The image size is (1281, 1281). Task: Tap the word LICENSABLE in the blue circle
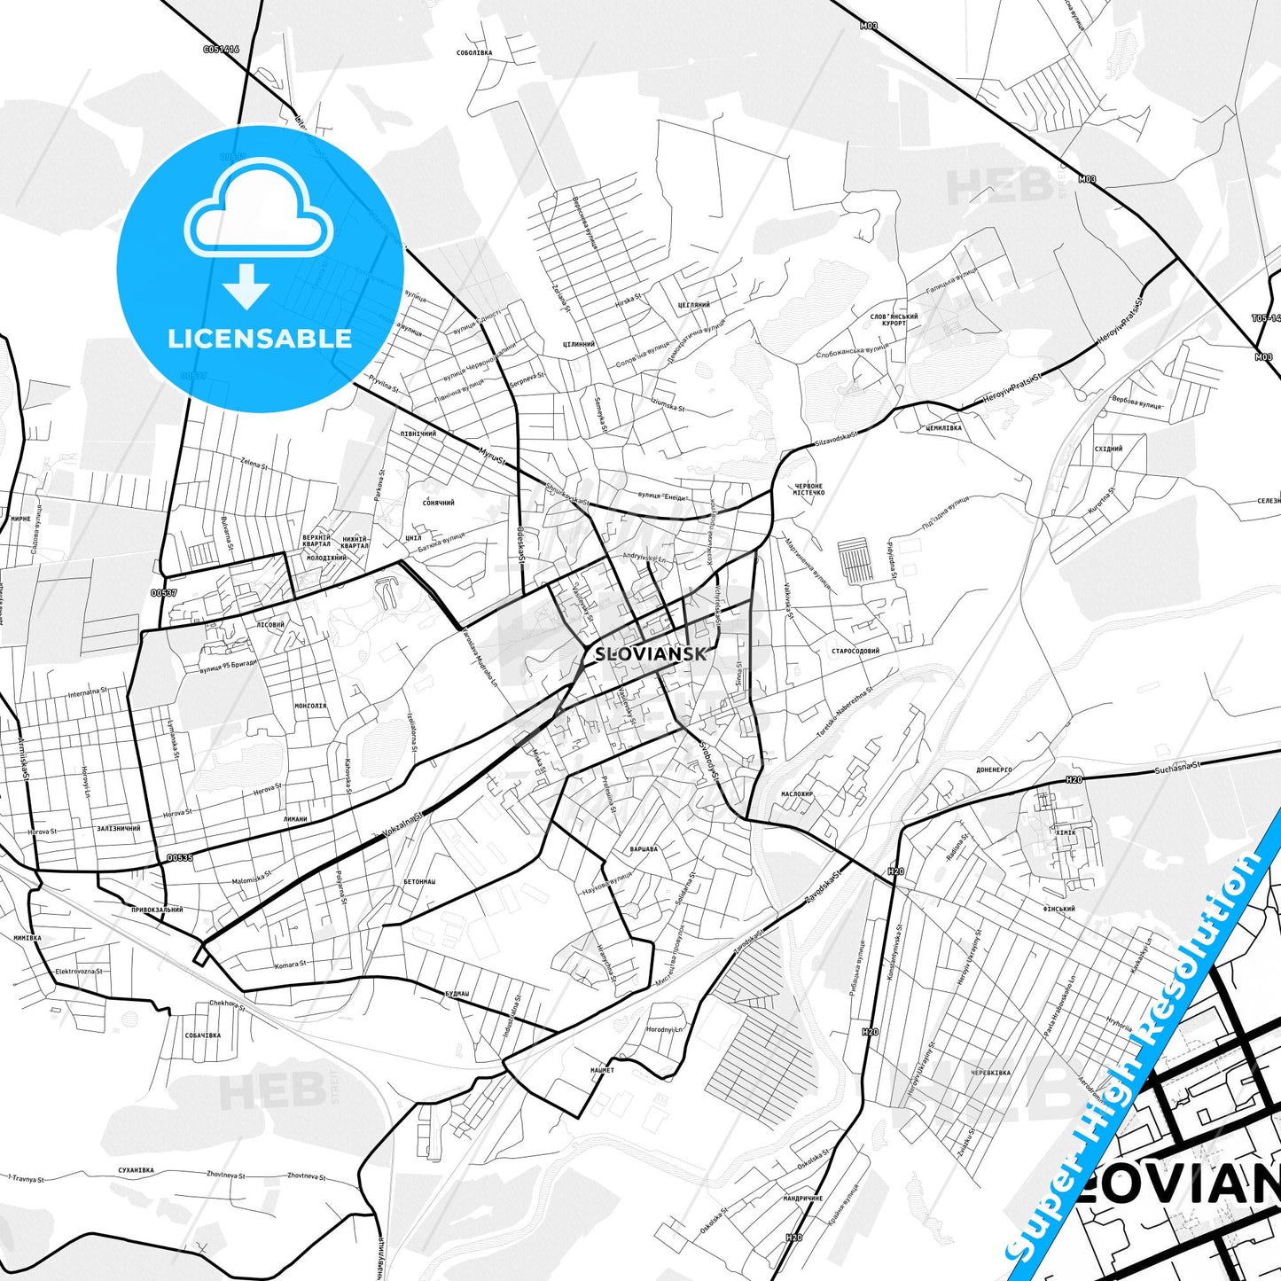pos(260,338)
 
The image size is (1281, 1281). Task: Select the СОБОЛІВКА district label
pos(473,52)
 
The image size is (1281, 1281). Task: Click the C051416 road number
pos(222,50)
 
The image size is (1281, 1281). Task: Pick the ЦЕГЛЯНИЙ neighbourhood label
pos(693,305)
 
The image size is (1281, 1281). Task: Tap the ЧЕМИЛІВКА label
pos(942,427)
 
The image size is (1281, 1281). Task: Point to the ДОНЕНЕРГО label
pos(994,770)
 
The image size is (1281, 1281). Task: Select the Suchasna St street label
pos(1177,763)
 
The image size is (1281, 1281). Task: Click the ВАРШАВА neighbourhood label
pos(643,849)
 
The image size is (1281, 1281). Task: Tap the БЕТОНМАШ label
pos(419,881)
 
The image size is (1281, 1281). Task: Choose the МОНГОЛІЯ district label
pos(309,707)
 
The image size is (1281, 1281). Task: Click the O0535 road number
pos(179,857)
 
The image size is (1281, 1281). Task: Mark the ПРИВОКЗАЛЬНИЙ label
pos(156,910)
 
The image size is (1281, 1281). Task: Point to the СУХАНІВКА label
pos(135,1170)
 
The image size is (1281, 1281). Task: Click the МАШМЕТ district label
pos(602,1070)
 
